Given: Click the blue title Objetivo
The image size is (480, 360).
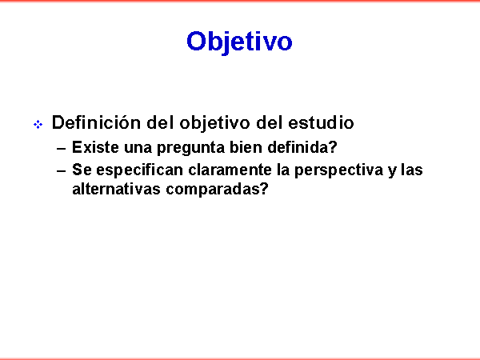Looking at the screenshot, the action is [239, 42].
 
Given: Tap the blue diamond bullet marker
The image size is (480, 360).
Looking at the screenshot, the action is [38, 125].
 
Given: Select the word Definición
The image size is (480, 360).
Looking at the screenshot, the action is [96, 122].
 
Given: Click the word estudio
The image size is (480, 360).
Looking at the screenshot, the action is [321, 122].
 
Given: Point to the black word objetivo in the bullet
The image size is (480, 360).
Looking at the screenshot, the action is [214, 123].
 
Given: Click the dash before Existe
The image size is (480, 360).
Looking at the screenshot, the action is [62, 149].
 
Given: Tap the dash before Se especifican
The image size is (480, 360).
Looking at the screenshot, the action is [62, 171].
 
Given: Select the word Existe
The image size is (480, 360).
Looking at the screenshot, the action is [95, 147].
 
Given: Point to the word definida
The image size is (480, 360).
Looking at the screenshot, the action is [298, 147].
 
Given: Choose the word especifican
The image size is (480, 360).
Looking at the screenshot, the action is [139, 170].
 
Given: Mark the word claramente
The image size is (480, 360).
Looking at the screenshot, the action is [230, 170].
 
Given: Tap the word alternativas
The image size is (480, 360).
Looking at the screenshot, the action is [116, 189].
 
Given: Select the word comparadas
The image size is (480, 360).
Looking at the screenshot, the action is [213, 190].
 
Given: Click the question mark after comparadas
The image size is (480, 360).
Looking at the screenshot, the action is [264, 189].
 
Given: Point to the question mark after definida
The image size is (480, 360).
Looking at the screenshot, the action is [333, 147].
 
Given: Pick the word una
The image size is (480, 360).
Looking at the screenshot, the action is [138, 148].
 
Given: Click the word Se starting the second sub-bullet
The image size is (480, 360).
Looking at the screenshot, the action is [82, 170].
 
